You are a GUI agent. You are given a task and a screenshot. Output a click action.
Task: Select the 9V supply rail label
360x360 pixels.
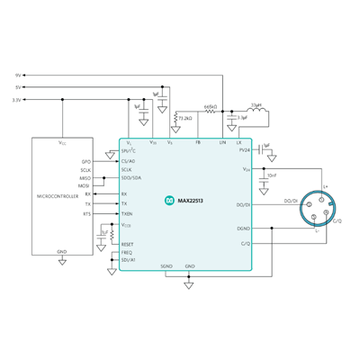click(x=20, y=75)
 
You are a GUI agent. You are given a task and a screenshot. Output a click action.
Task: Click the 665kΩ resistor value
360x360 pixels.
click(x=212, y=106)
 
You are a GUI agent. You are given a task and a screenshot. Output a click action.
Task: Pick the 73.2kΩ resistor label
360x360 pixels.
click(x=187, y=117)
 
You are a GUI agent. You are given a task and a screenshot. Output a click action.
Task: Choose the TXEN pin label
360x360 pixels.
click(x=127, y=214)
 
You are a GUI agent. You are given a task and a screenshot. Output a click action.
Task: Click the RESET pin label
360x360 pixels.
click(x=127, y=244)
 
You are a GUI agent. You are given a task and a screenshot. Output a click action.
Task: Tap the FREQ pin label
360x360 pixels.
click(x=126, y=252)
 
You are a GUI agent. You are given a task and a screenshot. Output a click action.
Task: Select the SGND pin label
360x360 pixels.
click(x=166, y=267)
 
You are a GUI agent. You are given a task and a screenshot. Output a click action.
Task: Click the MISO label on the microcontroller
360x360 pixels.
click(x=85, y=177)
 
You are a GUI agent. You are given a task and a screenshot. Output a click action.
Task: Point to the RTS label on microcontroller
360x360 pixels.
click(x=87, y=214)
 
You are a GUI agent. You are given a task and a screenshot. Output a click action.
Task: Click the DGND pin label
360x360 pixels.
click(x=243, y=229)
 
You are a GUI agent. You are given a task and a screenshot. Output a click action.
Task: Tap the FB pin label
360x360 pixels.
click(x=199, y=142)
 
